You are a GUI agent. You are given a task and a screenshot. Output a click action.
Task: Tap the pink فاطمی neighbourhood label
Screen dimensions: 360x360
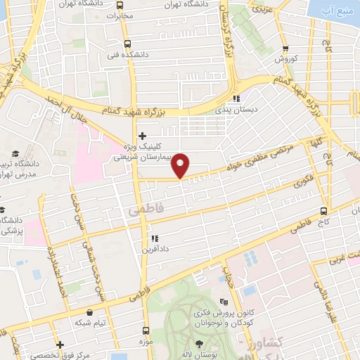tap(143, 210)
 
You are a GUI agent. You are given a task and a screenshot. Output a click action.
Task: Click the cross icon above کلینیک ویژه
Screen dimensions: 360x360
tap(143, 135)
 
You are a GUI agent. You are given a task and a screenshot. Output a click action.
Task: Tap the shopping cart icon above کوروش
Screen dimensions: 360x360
tap(285, 49)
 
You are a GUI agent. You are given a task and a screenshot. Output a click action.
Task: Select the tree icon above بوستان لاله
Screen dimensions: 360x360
tap(199, 343)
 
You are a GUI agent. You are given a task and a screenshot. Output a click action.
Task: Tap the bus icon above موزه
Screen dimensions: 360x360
tap(146, 330)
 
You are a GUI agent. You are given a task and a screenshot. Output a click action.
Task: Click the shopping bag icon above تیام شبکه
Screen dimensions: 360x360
tap(89, 312)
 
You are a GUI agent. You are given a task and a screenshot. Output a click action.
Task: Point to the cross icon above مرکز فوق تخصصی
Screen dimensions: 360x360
tap(61, 345)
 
